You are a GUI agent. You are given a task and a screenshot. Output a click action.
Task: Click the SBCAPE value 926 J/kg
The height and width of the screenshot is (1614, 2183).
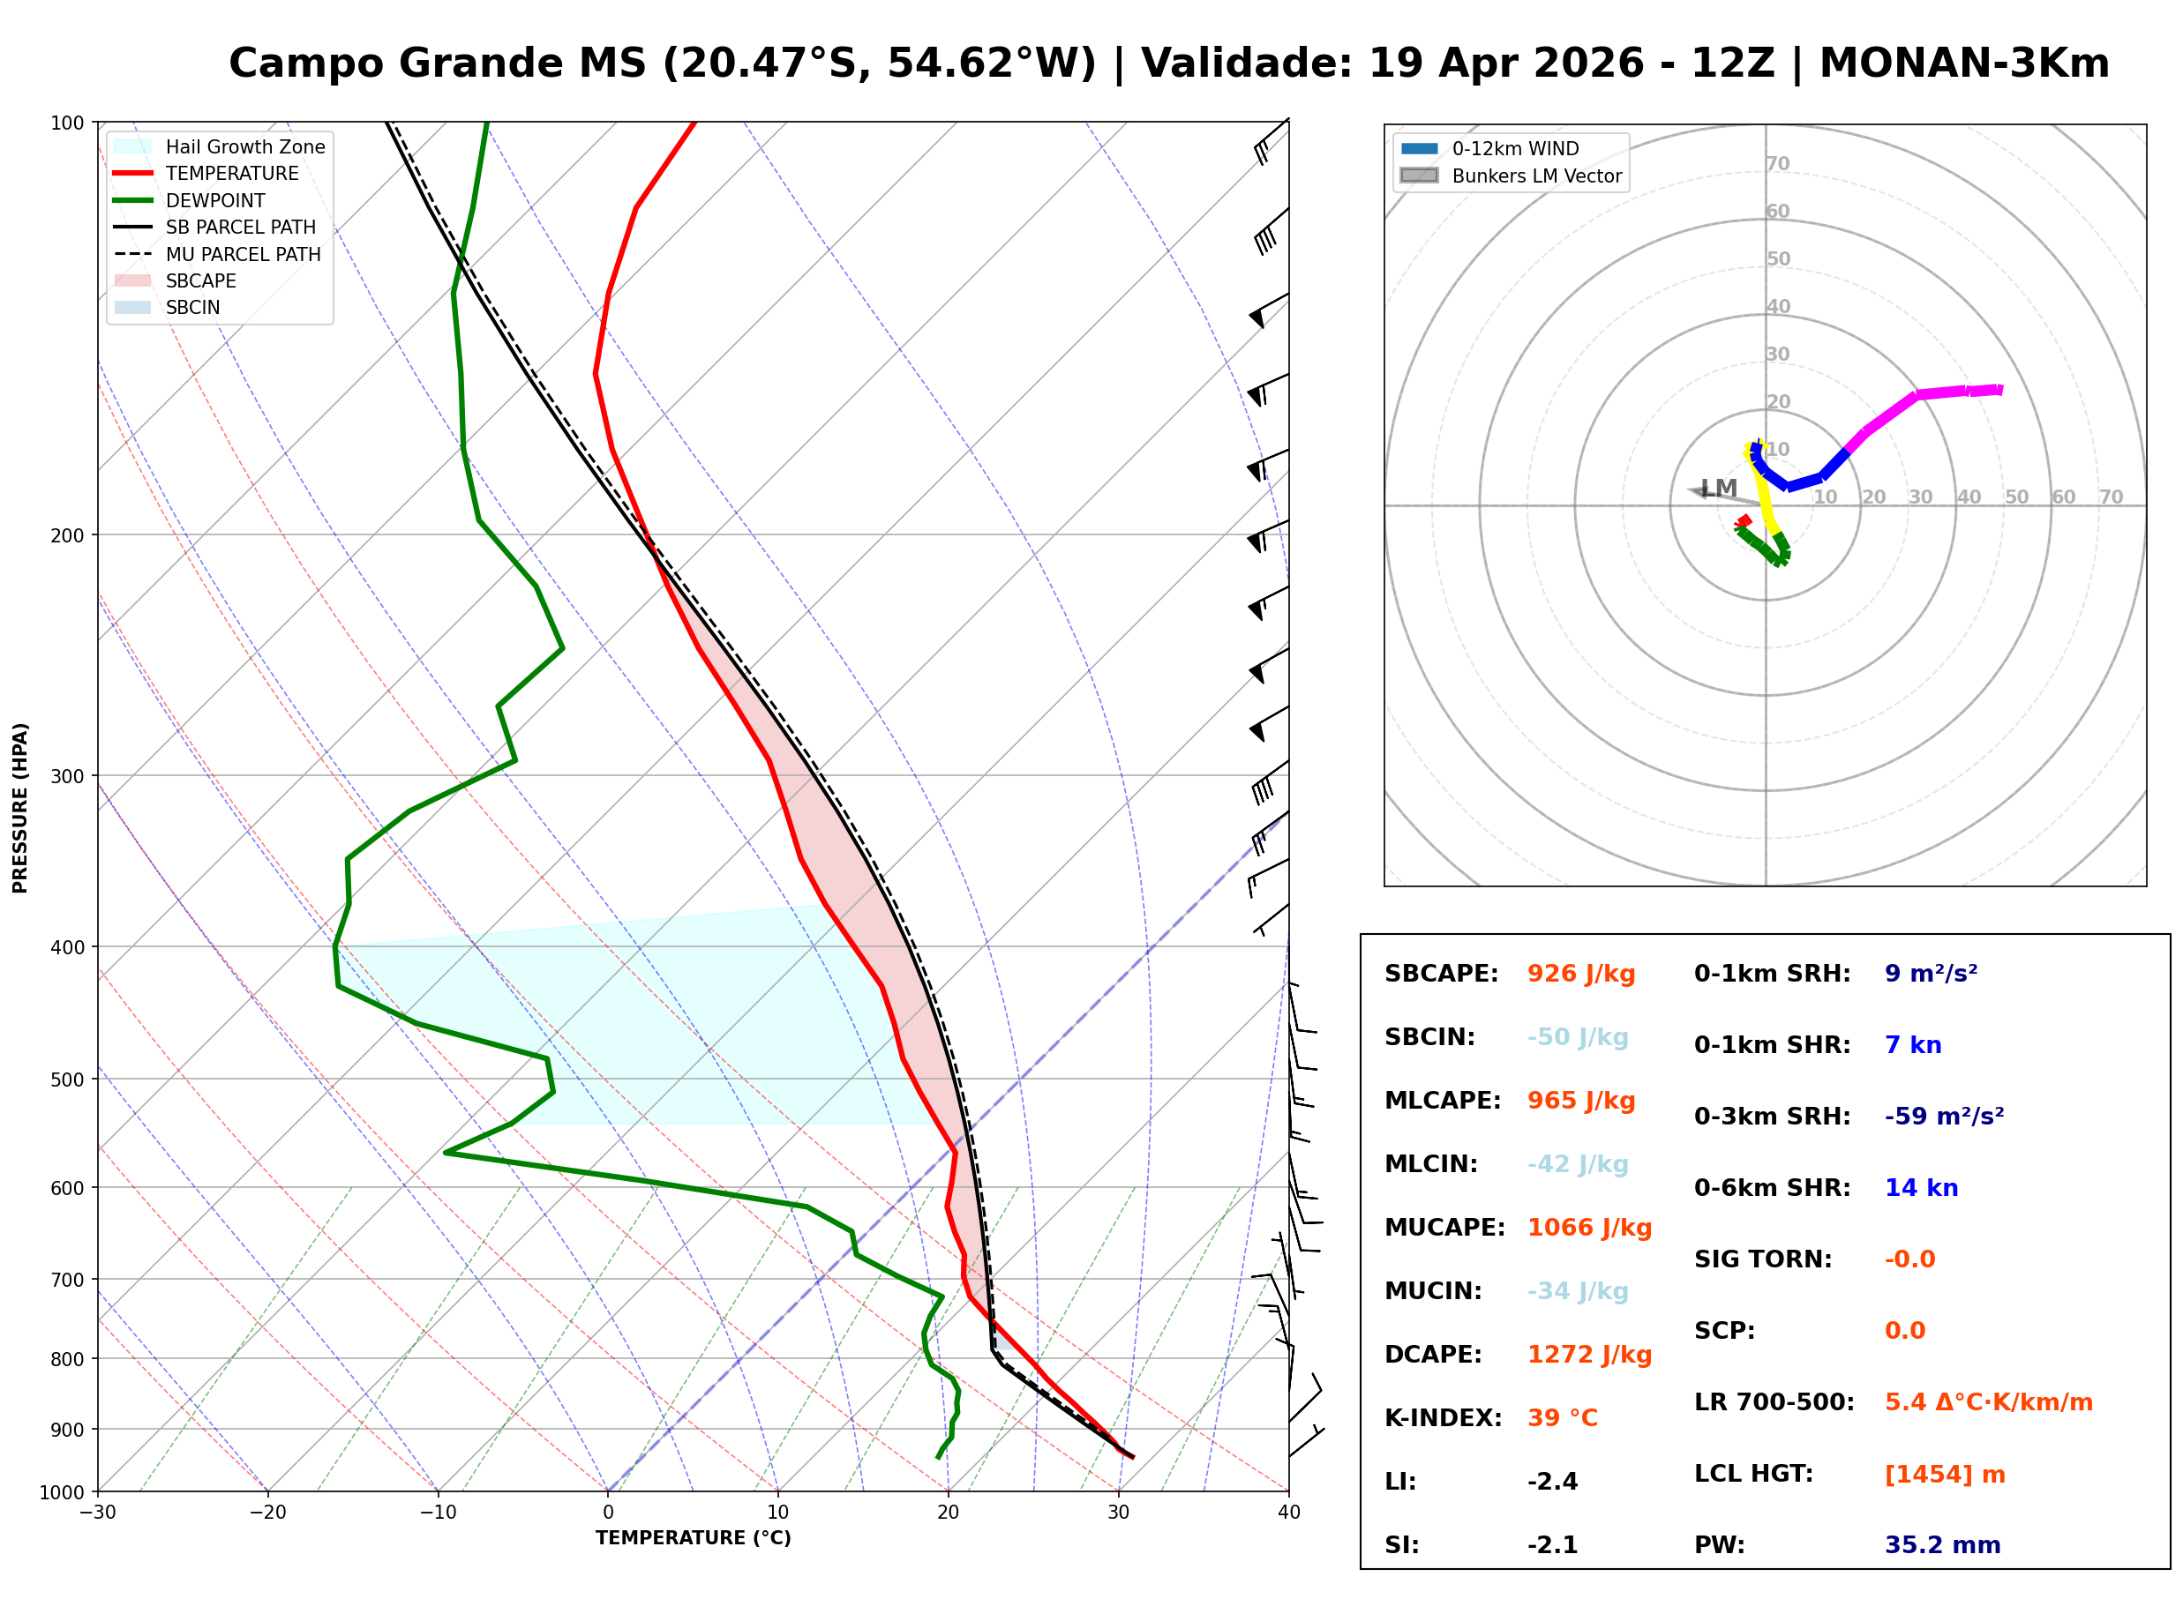pyautogui.click(x=1580, y=974)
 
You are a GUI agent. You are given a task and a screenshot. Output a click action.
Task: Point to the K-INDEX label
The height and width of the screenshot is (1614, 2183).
pyautogui.click(x=1443, y=1418)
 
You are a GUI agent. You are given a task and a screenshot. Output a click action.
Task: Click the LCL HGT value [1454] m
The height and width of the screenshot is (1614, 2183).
pyautogui.click(x=1944, y=1475)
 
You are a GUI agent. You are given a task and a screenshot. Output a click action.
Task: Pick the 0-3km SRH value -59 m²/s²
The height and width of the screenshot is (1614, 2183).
pyautogui.click(x=1944, y=1117)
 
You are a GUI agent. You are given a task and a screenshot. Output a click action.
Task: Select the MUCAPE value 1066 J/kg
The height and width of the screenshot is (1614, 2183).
pyautogui.click(x=1589, y=1228)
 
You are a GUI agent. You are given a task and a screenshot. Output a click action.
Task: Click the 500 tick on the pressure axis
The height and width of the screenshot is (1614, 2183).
pyautogui.click(x=66, y=1080)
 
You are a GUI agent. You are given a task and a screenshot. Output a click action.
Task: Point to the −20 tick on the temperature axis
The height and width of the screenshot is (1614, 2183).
pyautogui.click(x=266, y=1513)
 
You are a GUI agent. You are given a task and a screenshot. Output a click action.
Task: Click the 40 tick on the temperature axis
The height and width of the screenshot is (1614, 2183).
pyautogui.click(x=1288, y=1513)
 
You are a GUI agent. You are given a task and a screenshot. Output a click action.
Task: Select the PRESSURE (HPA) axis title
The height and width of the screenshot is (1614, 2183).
pyautogui.click(x=20, y=808)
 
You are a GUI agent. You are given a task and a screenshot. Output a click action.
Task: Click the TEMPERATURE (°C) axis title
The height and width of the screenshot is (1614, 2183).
pyautogui.click(x=693, y=1538)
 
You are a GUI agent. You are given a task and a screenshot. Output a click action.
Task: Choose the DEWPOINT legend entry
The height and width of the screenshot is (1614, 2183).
pyautogui.click(x=215, y=200)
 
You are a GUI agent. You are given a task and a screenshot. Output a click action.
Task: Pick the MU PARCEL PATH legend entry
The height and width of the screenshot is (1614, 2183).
pyautogui.click(x=243, y=254)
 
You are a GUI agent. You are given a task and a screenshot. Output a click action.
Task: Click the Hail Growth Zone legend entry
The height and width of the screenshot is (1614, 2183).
pyautogui.click(x=244, y=146)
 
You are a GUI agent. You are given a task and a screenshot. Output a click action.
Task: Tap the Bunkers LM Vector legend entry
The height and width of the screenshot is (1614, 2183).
pyautogui.click(x=1536, y=176)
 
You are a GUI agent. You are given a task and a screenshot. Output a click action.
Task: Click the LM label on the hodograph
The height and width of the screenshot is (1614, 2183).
pyautogui.click(x=1719, y=488)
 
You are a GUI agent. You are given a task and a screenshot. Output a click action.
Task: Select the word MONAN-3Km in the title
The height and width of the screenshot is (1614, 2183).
pyautogui.click(x=1964, y=64)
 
